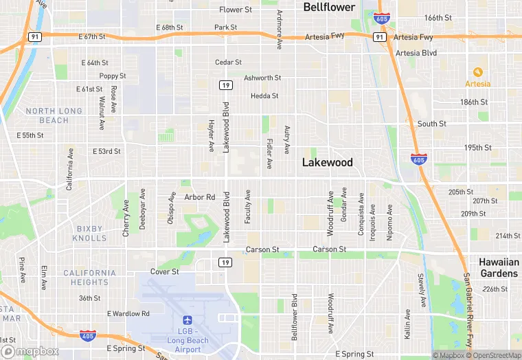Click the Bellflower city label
tap(330, 8)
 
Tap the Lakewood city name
tap(328, 163)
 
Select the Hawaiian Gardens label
tap(499, 268)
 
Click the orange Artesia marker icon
tap(478, 71)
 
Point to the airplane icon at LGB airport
tap(187, 320)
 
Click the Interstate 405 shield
tap(87, 335)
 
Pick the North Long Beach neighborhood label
tap(53, 115)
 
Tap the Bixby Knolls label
tap(90, 233)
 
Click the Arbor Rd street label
tap(200, 197)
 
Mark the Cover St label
tap(165, 272)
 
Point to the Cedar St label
tap(228, 63)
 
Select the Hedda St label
tap(264, 96)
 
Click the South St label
tap(432, 124)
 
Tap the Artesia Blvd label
tap(416, 53)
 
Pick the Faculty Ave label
tap(248, 207)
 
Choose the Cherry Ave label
tap(126, 218)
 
